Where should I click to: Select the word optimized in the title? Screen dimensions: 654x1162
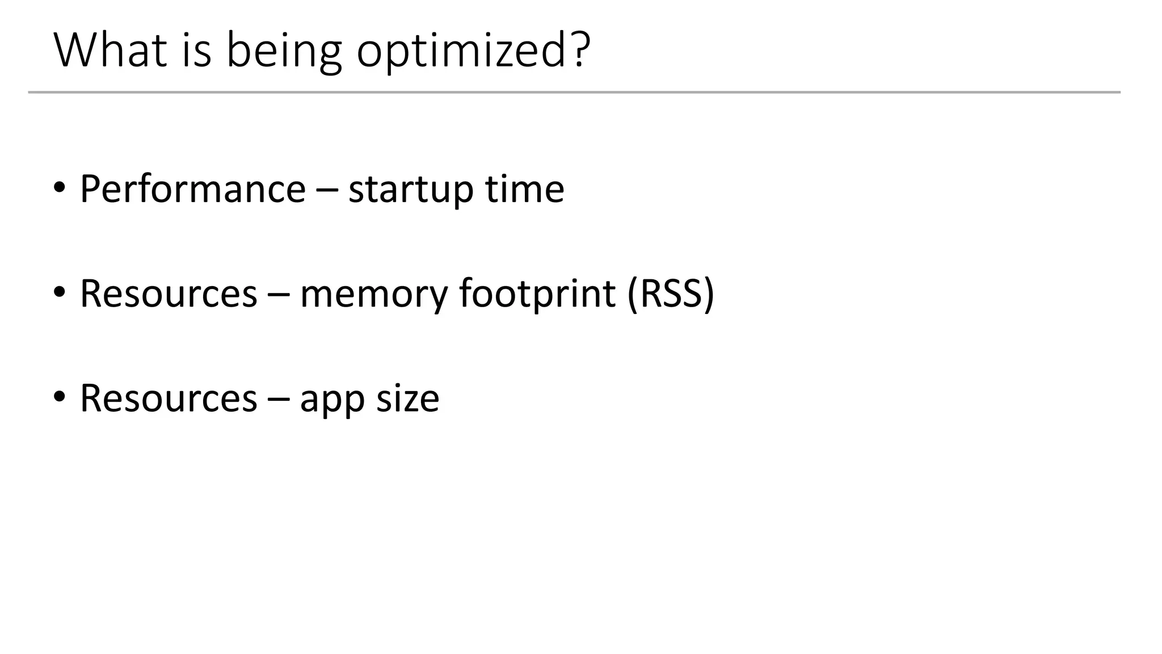click(460, 52)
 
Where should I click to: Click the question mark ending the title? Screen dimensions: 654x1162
click(580, 50)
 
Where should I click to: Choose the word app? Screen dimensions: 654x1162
click(332, 401)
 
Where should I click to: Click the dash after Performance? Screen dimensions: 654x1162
click(326, 190)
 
